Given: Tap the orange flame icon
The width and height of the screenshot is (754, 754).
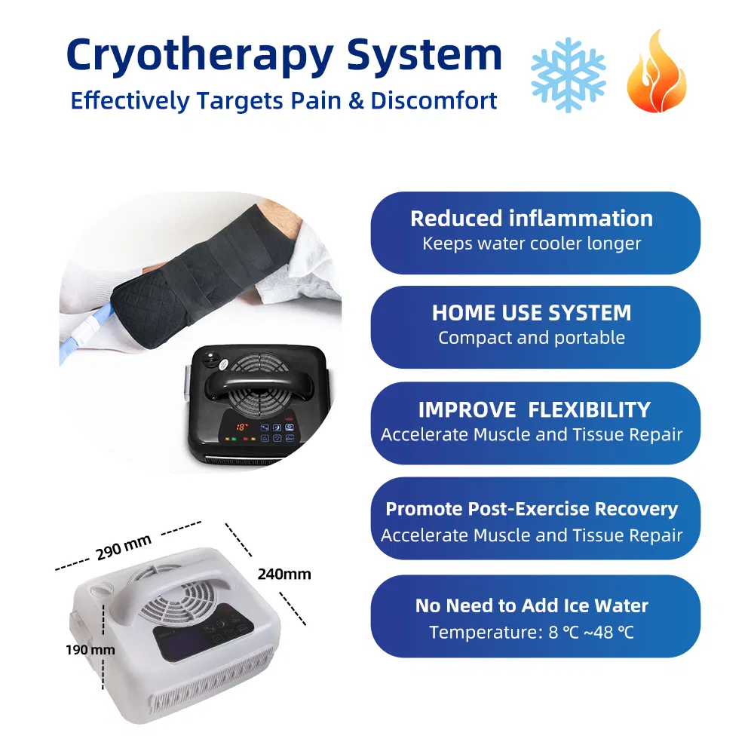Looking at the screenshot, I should (656, 72).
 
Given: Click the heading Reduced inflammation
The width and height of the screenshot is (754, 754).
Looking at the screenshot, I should (532, 219).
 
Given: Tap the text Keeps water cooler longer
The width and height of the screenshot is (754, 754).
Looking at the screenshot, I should (532, 244).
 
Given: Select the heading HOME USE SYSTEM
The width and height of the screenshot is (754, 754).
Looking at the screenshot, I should (532, 313).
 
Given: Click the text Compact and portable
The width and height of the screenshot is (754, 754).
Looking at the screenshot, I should (532, 338).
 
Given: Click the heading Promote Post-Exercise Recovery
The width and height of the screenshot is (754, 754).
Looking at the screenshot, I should (532, 509).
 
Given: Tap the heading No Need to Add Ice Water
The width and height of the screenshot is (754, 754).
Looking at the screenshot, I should (532, 605).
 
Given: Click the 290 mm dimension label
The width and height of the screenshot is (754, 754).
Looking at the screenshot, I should (124, 547).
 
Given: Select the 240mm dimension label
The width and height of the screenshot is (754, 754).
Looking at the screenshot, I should (284, 575).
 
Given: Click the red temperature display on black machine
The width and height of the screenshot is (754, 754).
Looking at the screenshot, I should (243, 427).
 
